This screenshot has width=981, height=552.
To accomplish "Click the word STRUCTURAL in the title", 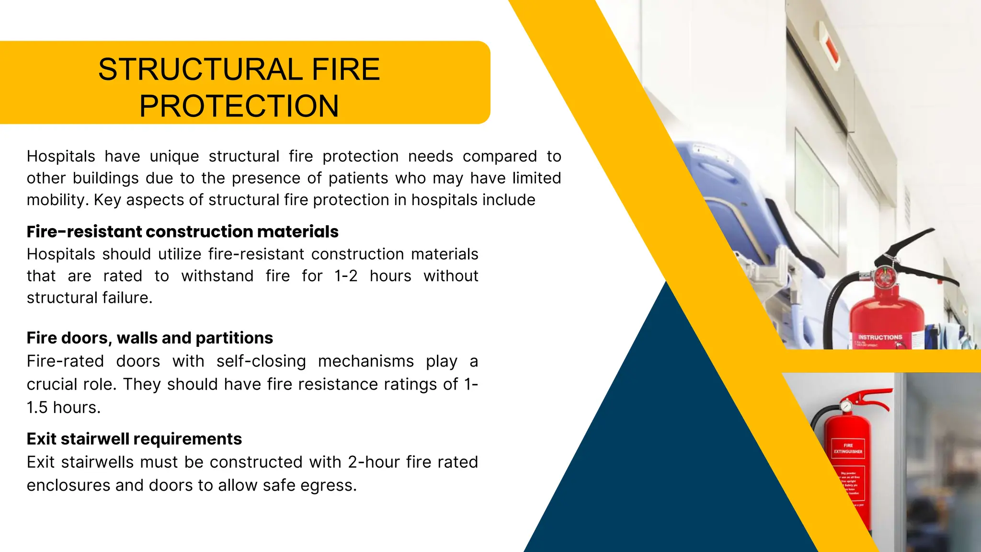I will (200, 69).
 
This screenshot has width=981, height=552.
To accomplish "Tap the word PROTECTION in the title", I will (239, 106).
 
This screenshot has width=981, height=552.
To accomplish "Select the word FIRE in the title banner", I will (345, 69).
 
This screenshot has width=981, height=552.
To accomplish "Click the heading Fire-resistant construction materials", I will (183, 232).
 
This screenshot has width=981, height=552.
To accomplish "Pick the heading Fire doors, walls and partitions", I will (149, 338).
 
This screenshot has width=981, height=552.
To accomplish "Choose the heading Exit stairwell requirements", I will (134, 439).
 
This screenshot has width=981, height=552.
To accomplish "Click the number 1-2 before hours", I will (346, 276).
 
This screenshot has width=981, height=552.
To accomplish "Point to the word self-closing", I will (261, 361).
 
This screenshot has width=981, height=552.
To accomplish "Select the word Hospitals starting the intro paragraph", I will (61, 157).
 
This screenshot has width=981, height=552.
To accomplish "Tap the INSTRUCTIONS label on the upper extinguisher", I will (880, 337).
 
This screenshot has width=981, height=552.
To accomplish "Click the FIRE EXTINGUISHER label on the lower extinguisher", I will (848, 448).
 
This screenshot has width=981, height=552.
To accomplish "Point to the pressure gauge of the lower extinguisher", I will (846, 406).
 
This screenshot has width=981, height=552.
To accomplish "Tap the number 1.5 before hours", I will (37, 408).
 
